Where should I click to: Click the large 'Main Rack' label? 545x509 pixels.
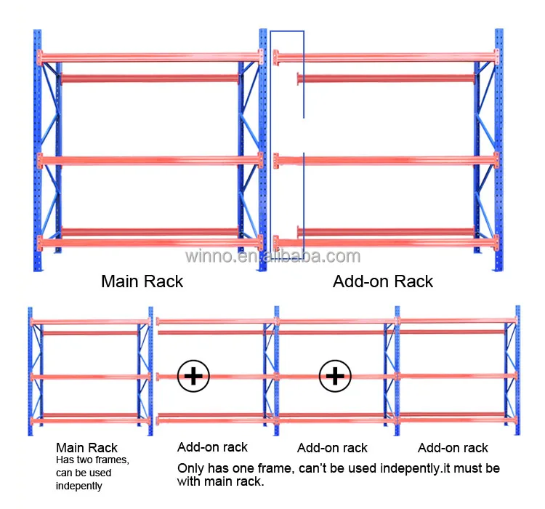142,281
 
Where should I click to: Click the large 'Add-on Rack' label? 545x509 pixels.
382,281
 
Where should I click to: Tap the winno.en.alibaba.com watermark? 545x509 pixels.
272,256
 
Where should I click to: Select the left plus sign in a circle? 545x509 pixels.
193,376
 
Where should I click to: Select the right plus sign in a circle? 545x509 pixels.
335,376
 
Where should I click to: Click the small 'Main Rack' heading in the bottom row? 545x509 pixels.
86,448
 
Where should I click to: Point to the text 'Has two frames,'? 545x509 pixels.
92,460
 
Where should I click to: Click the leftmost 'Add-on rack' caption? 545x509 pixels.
212,447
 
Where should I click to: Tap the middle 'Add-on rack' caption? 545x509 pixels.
332,448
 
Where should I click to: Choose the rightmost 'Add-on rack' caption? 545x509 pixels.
453,448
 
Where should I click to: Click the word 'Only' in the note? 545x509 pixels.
191,468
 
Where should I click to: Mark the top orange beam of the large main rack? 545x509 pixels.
149,56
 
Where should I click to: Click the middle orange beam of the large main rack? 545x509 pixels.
149,159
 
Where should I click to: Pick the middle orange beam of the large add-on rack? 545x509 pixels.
385,159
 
